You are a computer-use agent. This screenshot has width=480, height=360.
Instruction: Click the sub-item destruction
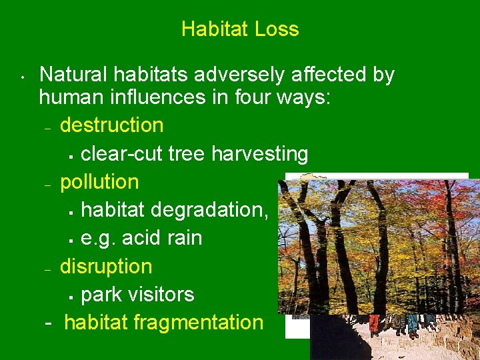[111, 125]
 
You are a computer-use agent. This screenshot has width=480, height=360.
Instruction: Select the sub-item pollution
[99, 182]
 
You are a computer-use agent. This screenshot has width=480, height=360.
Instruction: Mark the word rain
[183, 238]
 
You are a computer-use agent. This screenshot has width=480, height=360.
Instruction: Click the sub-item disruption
[106, 266]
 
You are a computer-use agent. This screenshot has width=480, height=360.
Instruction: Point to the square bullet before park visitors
[71, 295]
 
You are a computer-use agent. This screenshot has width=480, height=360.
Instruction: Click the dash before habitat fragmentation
[48, 323]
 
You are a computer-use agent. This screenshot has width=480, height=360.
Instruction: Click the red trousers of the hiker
[374, 324]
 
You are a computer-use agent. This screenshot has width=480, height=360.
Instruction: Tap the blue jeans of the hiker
[413, 324]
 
